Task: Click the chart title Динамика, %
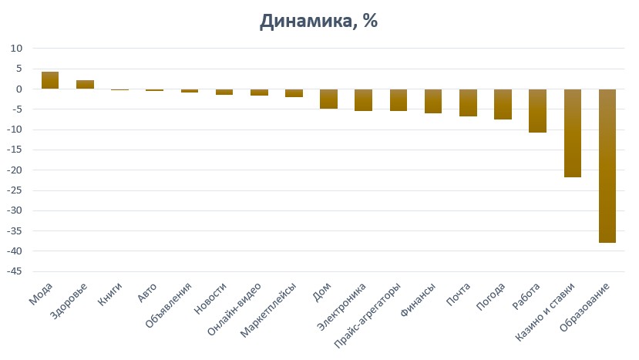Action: pos(318,21)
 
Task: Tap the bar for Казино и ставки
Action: pos(573,133)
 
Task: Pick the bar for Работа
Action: pos(537,110)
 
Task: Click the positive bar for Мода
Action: pos(50,80)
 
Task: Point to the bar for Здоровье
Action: pos(85,84)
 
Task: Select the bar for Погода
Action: pos(503,104)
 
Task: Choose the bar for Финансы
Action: pos(433,101)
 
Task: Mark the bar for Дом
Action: pos(328,99)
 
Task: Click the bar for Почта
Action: pos(468,103)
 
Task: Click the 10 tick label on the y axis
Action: pos(18,49)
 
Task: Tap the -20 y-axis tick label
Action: pos(15,170)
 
